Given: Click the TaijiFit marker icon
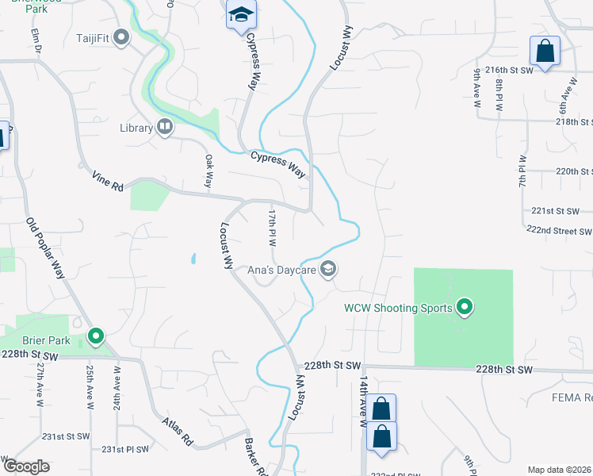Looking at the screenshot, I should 121,37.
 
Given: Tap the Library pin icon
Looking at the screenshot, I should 165,127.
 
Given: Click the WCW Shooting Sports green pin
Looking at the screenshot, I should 465,307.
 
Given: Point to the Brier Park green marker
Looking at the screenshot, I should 96,337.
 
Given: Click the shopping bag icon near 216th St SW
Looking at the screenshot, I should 545,52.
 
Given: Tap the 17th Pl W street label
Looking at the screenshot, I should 272,228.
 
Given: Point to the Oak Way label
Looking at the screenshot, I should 209,170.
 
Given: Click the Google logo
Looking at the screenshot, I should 27,466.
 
